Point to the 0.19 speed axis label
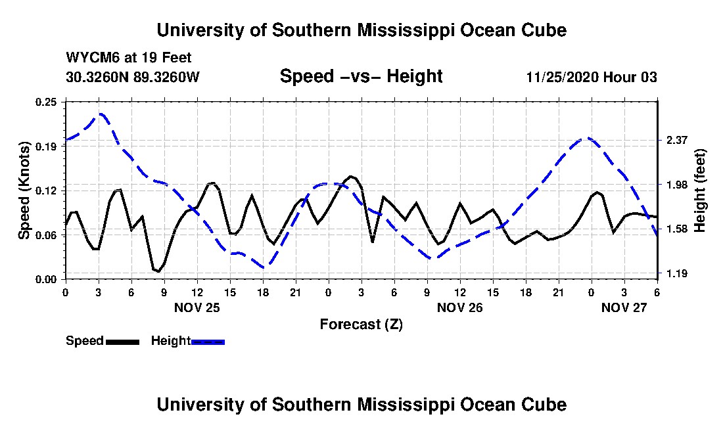pyautogui.click(x=46, y=146)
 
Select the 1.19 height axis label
pyautogui.click(x=677, y=274)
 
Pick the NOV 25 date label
pyautogui.click(x=197, y=307)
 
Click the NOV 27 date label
pyautogui.click(x=624, y=307)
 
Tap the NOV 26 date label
pyautogui.click(x=459, y=307)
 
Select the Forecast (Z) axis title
pyautogui.click(x=361, y=325)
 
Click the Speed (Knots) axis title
pyautogui.click(x=24, y=191)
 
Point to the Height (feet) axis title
pyautogui.click(x=699, y=191)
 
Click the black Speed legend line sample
pyautogui.click(x=122, y=342)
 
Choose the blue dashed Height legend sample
pyautogui.click(x=208, y=342)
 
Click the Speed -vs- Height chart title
pyautogui.click(x=361, y=76)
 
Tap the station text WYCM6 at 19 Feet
pyautogui.click(x=129, y=58)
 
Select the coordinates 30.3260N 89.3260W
pyautogui.click(x=133, y=77)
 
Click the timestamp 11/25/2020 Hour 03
pyautogui.click(x=592, y=77)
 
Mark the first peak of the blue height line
pyautogui.click(x=101, y=114)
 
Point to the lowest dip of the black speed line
pyautogui.click(x=158, y=271)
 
